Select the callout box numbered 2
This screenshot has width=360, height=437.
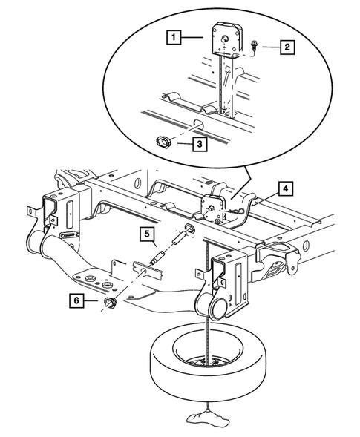(286, 48)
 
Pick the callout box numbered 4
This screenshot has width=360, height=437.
(286, 188)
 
